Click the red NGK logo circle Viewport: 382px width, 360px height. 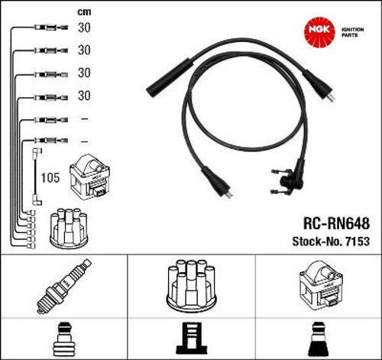pos(319,32)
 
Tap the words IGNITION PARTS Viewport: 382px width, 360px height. pos(352,32)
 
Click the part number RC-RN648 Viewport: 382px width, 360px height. pos(336,223)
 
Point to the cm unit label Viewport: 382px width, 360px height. pos(84,12)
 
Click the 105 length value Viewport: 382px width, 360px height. pos(50,177)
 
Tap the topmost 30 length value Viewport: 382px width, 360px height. pos(84,28)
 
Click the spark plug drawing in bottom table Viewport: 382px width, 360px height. pos(64,286)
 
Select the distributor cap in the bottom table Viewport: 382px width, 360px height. pos(191,285)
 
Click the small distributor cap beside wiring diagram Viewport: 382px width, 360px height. pos(69,229)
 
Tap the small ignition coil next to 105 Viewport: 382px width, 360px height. pos(90,177)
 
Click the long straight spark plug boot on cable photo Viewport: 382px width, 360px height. pos(169,77)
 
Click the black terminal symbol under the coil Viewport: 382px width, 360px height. pos(318,339)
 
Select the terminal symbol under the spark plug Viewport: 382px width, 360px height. pos(63,339)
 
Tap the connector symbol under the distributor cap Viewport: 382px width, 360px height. pos(191,339)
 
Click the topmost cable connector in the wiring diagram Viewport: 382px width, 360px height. pos(51,27)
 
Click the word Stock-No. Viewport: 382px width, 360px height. pos(317,242)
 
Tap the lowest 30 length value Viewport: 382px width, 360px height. pos(84,96)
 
